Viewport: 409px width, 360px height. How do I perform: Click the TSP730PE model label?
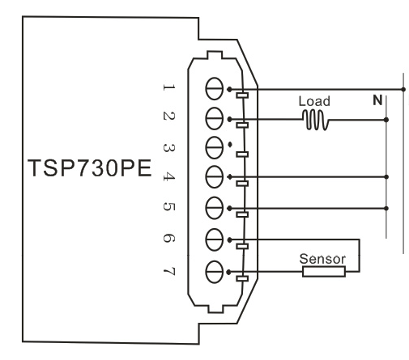90,168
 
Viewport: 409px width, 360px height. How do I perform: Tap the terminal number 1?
169,87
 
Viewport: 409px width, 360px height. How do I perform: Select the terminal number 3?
169,148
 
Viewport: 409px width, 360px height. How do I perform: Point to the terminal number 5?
169,206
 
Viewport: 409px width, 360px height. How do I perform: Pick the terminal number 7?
169,271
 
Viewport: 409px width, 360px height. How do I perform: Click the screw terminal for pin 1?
215,89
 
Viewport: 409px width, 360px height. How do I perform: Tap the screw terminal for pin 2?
215,119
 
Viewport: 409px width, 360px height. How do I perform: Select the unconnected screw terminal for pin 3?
215,147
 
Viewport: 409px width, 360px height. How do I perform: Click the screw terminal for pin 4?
215,177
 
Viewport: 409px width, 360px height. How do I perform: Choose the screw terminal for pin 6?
215,239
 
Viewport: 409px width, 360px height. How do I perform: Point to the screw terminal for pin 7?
215,272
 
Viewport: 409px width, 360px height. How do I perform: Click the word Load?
314,101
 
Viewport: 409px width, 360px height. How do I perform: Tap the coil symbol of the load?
316,120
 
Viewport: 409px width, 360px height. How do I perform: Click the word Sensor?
322,259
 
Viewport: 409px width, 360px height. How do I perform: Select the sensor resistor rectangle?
324,272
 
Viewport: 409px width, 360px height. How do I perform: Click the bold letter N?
377,100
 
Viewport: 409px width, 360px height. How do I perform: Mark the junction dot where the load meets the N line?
386,120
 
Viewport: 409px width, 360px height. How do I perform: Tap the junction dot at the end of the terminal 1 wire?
403,89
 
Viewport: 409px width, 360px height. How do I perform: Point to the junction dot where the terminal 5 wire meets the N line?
386,208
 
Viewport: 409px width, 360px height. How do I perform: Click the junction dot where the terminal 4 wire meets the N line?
386,177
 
